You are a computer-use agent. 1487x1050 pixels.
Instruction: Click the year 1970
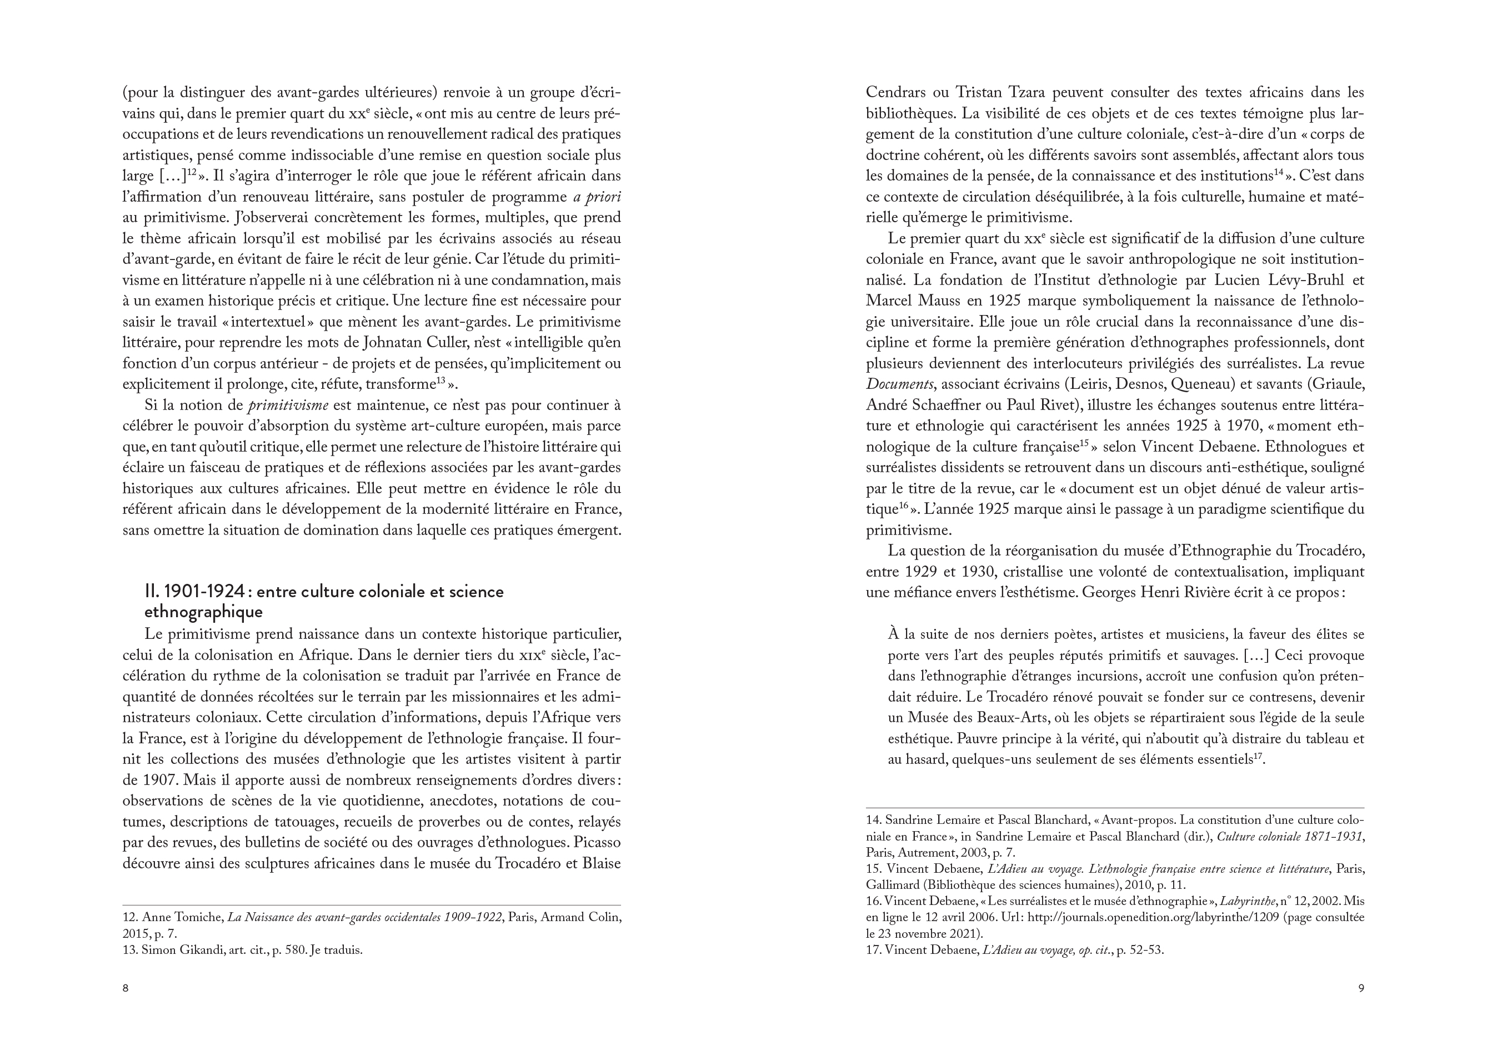1293,426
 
